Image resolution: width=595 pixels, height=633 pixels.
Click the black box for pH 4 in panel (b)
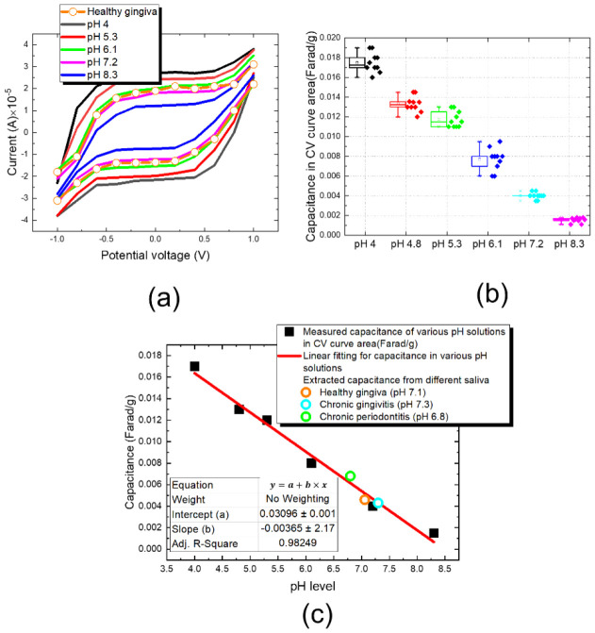(357, 62)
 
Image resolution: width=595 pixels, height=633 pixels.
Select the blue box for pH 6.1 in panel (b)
(480, 160)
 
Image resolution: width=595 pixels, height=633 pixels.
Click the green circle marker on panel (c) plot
(350, 475)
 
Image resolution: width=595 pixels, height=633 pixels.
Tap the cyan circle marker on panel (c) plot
(378, 503)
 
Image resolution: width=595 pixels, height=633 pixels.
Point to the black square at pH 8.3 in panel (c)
(434, 533)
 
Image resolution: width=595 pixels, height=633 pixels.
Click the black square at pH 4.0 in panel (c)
(194, 366)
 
